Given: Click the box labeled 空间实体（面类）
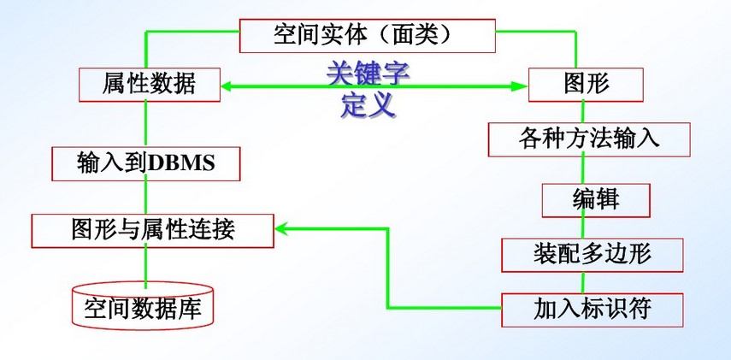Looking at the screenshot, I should (x=368, y=34).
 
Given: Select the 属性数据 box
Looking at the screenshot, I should (x=150, y=85).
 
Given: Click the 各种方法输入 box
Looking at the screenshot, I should (x=589, y=139).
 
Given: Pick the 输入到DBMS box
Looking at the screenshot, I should (x=144, y=163).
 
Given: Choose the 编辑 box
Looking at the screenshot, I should (x=596, y=200).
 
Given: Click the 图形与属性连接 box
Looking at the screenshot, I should (x=153, y=228).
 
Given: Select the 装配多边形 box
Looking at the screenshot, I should (x=592, y=254).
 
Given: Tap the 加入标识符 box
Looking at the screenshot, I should (x=592, y=308).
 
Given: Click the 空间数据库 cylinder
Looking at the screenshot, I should (x=143, y=307).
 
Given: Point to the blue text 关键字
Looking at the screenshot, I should (x=368, y=73).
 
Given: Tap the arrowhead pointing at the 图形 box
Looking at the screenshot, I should (x=519, y=86).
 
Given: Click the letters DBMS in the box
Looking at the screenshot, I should (x=180, y=164).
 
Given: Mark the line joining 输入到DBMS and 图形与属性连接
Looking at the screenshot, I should (x=144, y=197).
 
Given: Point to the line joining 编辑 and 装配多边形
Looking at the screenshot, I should (x=584, y=227).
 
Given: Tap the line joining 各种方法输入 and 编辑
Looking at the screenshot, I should (x=582, y=170).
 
